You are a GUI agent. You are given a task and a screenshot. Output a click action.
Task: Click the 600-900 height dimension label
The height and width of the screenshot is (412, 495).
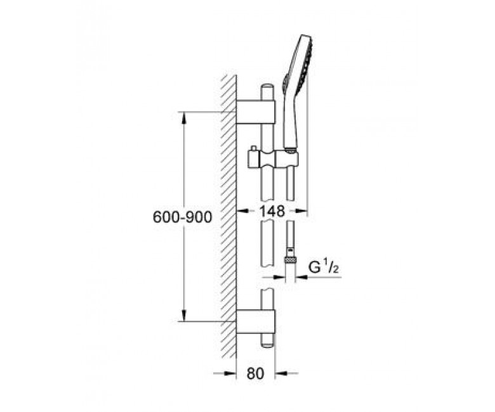182,217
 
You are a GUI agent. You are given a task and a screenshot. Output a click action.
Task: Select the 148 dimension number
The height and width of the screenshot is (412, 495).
272,211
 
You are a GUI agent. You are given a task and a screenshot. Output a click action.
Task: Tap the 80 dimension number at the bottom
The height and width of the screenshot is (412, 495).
255,373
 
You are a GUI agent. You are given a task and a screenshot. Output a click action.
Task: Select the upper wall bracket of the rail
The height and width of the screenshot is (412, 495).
256,112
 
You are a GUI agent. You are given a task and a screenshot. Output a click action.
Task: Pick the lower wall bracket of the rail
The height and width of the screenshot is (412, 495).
256,321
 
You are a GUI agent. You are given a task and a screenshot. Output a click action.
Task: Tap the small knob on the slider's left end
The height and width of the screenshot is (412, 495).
253,148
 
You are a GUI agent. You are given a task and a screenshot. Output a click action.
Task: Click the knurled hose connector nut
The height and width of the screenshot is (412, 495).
290,260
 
